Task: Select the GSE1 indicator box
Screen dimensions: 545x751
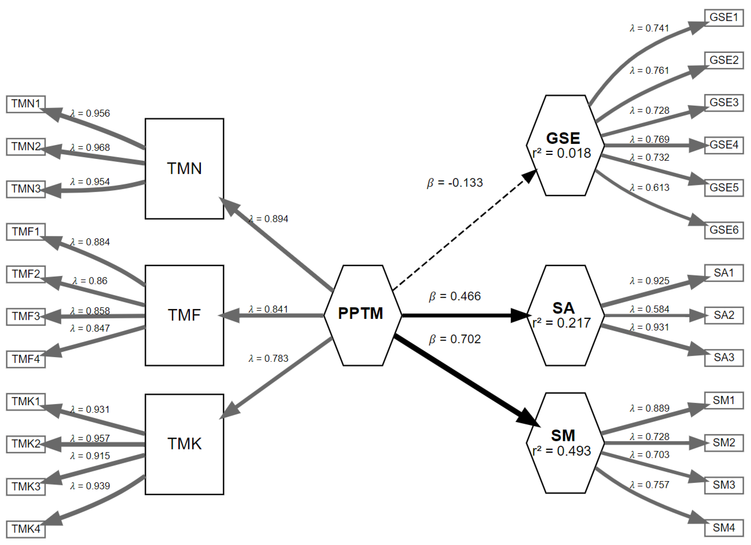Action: pos(724,17)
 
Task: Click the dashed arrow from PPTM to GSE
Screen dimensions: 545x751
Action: pos(464,232)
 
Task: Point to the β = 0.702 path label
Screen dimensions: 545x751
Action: pos(455,339)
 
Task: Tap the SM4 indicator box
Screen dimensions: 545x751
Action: pos(724,528)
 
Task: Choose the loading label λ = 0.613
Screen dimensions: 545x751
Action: pos(649,187)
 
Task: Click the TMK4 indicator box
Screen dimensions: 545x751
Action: pos(26,529)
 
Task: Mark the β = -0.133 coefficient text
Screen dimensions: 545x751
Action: pos(455,183)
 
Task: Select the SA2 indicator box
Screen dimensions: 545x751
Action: pos(724,315)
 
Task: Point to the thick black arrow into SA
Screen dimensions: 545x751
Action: pos(464,315)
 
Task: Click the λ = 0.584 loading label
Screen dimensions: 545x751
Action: pos(649,309)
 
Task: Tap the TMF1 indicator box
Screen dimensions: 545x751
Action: pos(26,232)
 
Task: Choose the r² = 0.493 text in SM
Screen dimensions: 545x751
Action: pos(562,451)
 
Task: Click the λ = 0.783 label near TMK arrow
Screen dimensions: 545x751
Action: pos(268,358)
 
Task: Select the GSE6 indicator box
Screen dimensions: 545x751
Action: pos(724,230)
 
